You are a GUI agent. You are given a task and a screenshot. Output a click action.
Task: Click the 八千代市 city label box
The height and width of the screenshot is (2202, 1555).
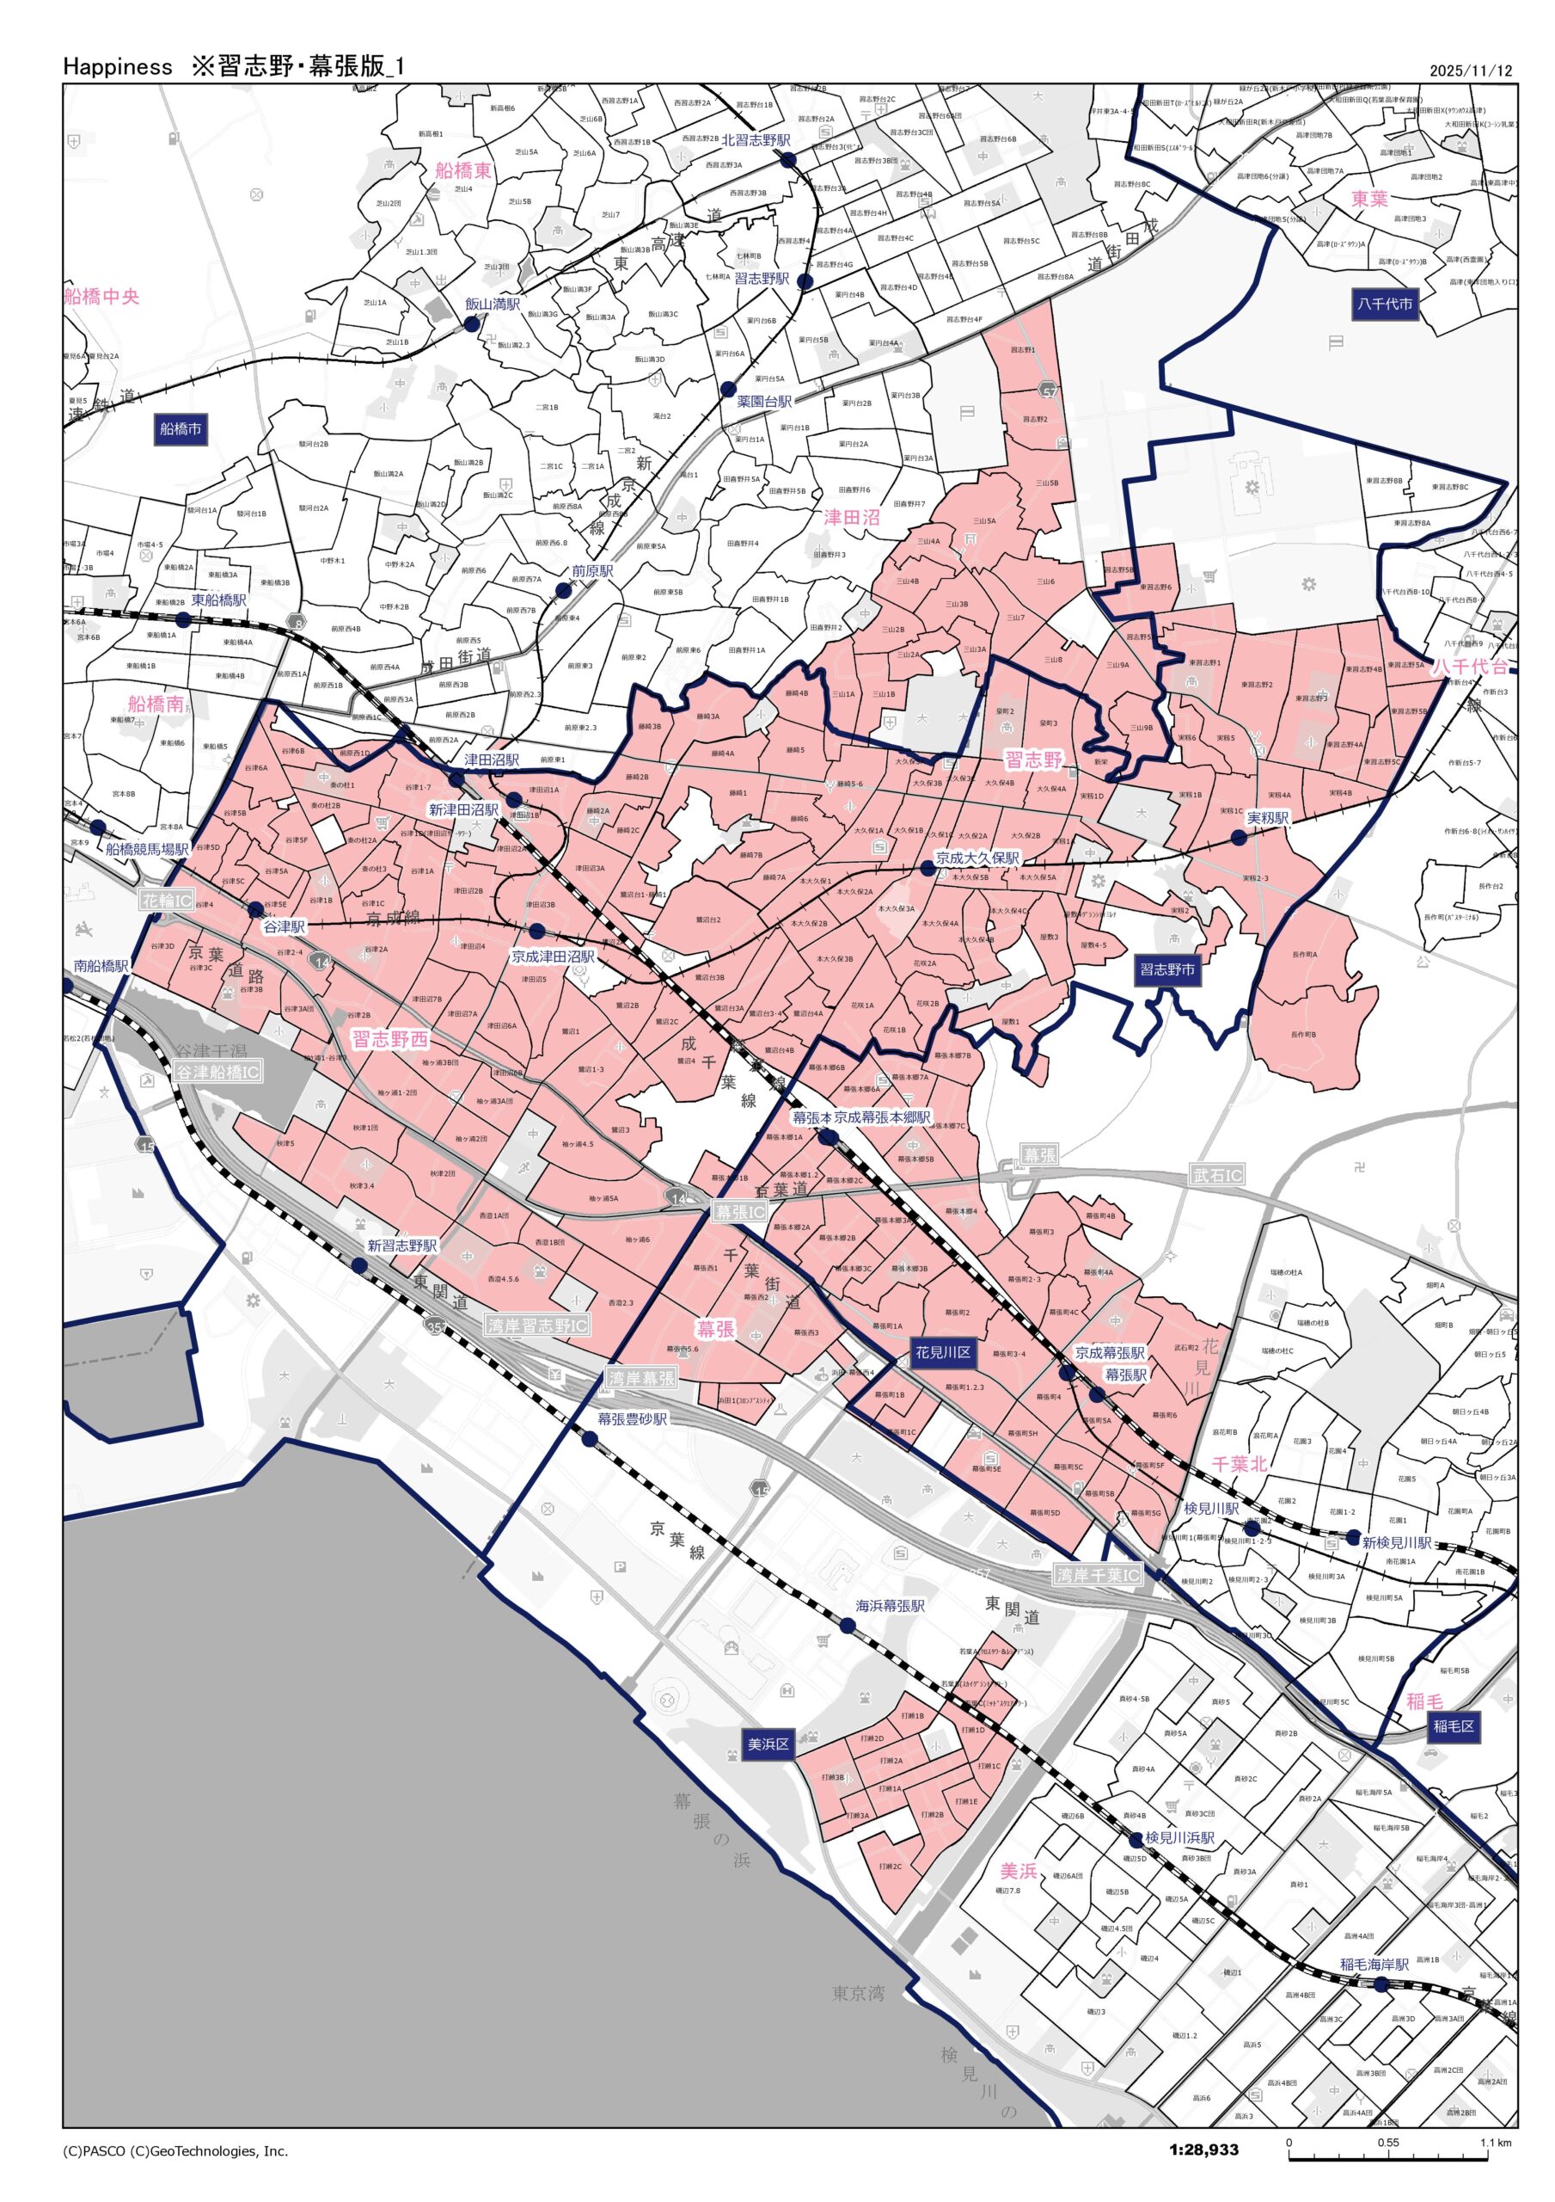pyautogui.click(x=1384, y=304)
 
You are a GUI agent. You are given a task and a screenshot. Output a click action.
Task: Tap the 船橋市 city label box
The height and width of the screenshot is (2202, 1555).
pyautogui.click(x=181, y=428)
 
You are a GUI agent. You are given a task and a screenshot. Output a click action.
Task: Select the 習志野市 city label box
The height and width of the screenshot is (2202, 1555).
pyautogui.click(x=1166, y=969)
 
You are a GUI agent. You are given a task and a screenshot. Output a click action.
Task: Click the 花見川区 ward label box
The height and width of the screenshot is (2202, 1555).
pyautogui.click(x=942, y=1353)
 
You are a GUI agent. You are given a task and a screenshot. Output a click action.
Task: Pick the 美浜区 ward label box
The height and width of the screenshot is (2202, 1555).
pyautogui.click(x=768, y=1744)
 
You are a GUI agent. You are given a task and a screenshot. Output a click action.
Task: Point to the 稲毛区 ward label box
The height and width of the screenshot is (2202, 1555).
pyautogui.click(x=1454, y=1726)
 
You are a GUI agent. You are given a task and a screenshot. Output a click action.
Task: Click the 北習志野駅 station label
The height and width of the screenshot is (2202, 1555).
pyautogui.click(x=756, y=140)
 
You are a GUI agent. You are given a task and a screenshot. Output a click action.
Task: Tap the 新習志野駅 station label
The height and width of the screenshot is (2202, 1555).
pyautogui.click(x=401, y=1246)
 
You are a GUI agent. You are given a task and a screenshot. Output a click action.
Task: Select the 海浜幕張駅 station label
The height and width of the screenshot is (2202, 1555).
pyautogui.click(x=890, y=1605)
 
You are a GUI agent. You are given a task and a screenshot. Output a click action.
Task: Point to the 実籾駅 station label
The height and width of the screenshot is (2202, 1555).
pyautogui.click(x=1267, y=818)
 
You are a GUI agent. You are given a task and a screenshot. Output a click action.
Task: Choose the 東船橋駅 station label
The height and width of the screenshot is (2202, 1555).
pyautogui.click(x=218, y=600)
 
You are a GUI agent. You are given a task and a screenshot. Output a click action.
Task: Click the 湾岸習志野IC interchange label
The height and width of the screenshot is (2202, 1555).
pyautogui.click(x=537, y=1326)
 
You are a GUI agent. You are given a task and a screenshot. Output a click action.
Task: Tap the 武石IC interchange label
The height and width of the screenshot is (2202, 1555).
pyautogui.click(x=1216, y=1175)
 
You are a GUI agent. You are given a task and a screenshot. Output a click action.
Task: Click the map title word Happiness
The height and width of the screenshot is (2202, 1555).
pyautogui.click(x=117, y=66)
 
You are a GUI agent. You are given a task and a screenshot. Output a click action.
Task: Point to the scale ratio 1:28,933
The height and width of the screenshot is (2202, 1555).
pyautogui.click(x=1203, y=2150)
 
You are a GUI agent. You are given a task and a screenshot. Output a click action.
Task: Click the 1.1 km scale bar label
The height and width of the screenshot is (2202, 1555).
pyautogui.click(x=1495, y=2143)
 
